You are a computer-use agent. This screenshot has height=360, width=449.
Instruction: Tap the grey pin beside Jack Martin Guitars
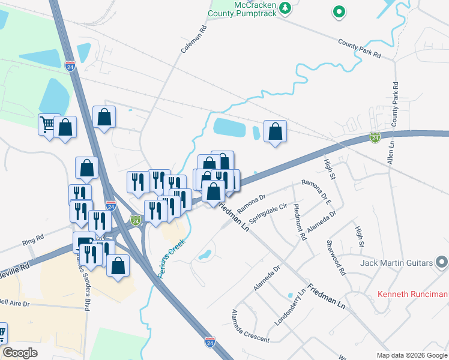(442, 262)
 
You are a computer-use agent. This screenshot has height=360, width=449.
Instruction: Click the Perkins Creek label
(170, 259)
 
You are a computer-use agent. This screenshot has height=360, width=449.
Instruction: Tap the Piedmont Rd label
(300, 222)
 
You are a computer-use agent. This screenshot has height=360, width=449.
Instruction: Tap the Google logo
(20, 353)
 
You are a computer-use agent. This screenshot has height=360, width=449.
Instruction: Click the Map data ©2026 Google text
(411, 355)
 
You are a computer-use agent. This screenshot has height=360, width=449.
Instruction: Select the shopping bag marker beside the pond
(275, 131)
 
